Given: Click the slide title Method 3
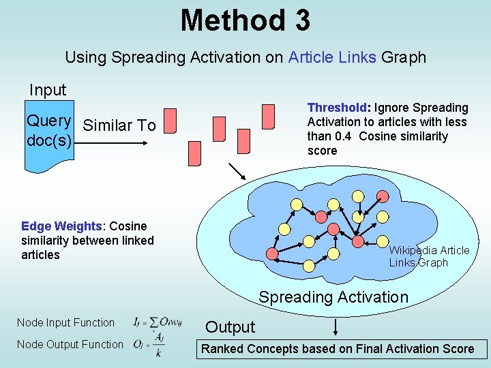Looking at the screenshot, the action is pyautogui.click(x=245, y=20).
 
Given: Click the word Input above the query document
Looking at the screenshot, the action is pyautogui.click(x=48, y=90).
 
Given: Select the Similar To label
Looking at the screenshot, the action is pyautogui.click(x=119, y=125).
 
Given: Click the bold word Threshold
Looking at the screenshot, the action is pyautogui.click(x=337, y=108).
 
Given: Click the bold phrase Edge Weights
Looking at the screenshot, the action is pyautogui.click(x=61, y=226).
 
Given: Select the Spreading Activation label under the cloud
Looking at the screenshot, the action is pyautogui.click(x=333, y=297).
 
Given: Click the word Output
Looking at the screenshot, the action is pyautogui.click(x=230, y=327).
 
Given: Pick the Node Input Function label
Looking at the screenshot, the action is pyautogui.click(x=65, y=322).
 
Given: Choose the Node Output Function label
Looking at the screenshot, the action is pyautogui.click(x=70, y=344).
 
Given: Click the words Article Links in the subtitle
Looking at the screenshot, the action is pyautogui.click(x=332, y=57).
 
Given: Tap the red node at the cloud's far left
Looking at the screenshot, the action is pyautogui.click(x=272, y=254).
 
